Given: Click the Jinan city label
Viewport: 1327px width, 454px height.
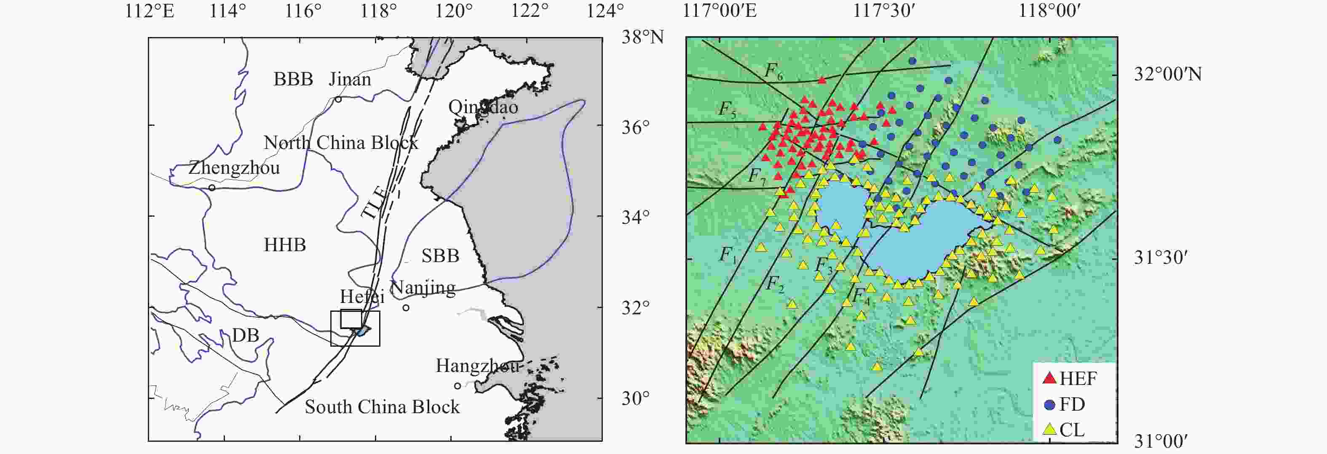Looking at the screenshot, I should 350,79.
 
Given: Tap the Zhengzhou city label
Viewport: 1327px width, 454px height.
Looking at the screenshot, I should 234,168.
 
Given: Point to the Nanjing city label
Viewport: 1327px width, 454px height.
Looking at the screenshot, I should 423,287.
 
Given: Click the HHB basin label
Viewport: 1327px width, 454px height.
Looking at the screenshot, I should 284,245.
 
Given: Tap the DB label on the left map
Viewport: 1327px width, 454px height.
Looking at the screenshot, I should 245,336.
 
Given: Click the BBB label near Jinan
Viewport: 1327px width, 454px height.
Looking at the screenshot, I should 293,79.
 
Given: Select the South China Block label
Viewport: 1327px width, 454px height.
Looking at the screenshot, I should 382,407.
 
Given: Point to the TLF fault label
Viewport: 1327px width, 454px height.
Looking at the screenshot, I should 374,203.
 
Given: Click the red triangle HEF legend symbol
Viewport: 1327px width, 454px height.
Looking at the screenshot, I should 1049,378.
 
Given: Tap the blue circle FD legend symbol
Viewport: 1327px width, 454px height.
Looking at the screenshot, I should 1049,405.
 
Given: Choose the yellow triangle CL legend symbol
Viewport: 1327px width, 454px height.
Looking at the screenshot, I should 1049,429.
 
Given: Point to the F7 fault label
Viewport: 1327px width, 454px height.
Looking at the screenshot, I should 757,177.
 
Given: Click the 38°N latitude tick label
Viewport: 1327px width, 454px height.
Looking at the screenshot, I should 642,37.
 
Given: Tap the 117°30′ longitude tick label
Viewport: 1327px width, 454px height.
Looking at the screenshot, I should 883,10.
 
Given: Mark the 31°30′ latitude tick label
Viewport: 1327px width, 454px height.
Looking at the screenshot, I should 1161,258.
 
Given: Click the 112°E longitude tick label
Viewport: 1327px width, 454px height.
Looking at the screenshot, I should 150,10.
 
